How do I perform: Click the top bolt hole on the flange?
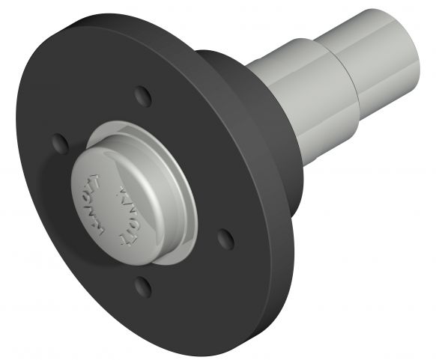142,95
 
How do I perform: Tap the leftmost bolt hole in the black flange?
58,141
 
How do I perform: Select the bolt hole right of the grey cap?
224,237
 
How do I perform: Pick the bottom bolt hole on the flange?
142,285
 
